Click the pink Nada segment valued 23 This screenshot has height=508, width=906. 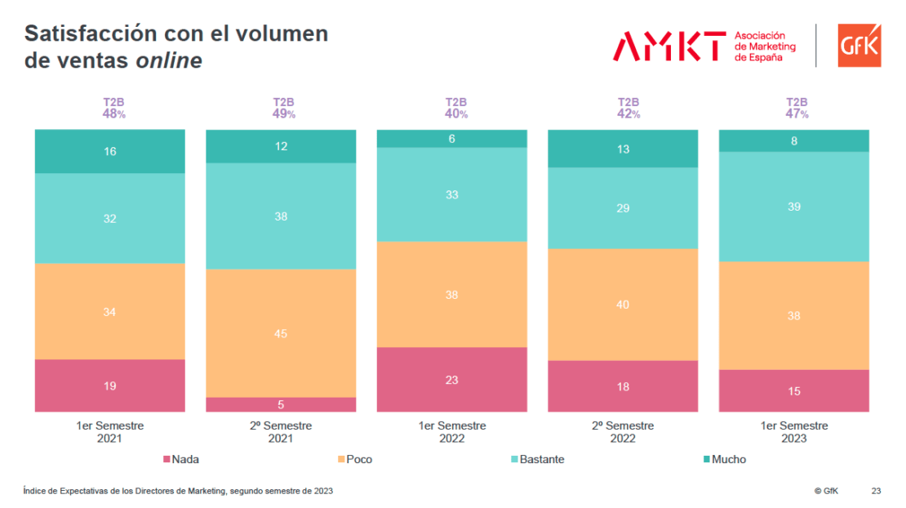point(451,380)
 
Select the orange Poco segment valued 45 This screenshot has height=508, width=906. point(281,333)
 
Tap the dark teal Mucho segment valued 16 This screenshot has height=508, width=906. point(109,151)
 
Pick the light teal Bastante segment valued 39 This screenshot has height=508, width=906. point(793,207)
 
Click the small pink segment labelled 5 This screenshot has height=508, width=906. point(281,404)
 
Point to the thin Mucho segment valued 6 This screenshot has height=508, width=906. point(451,139)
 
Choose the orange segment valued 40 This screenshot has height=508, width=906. point(623,305)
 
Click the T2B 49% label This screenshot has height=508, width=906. point(283,109)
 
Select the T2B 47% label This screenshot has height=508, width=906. point(797,109)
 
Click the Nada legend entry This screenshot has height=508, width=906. point(181,459)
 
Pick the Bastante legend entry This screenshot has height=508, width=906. point(537,459)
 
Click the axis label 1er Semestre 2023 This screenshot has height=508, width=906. point(793,432)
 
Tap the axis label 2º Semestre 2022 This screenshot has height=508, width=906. point(623,432)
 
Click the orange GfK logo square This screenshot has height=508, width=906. point(859,46)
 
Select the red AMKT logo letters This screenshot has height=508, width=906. point(669,46)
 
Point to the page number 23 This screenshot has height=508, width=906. point(876,491)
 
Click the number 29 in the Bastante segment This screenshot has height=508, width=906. point(623,208)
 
